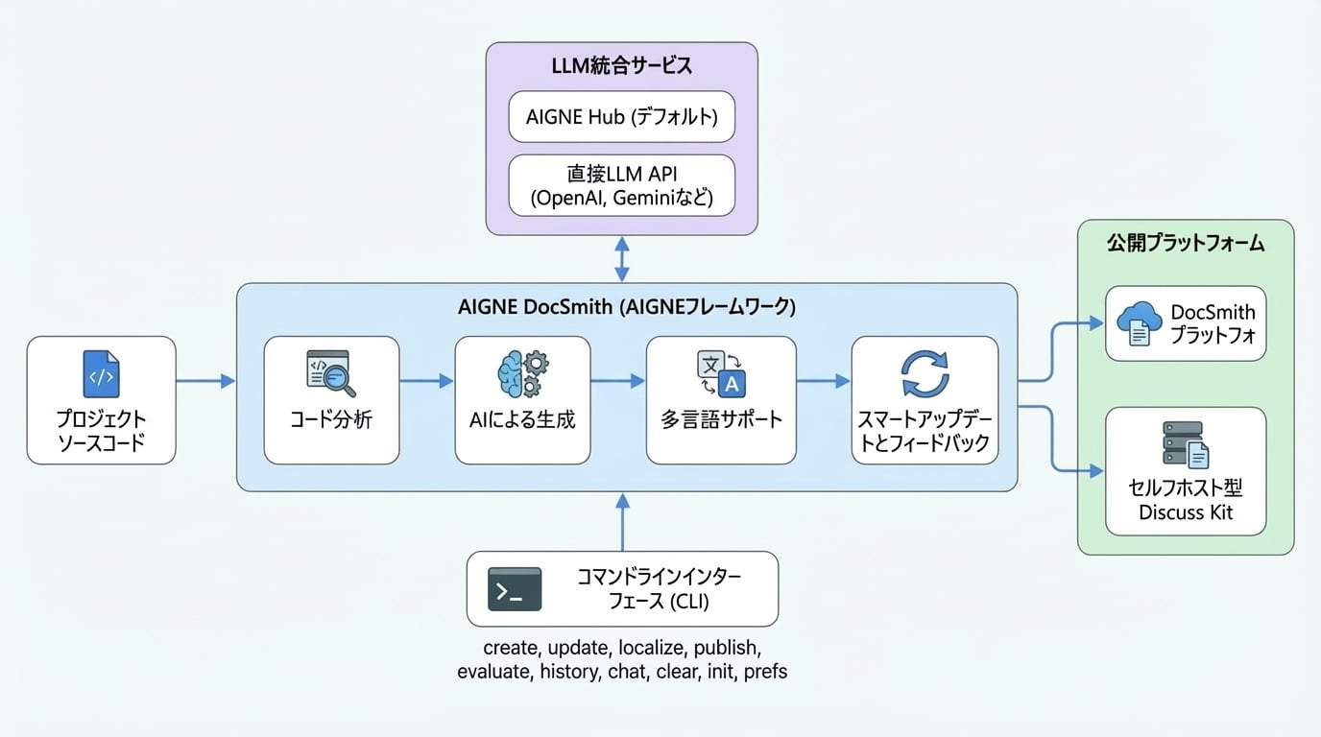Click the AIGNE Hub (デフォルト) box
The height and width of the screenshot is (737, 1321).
click(x=621, y=116)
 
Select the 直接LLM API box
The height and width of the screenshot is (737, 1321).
click(x=621, y=187)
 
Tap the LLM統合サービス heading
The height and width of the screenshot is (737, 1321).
click(x=621, y=66)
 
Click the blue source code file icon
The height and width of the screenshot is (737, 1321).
click(x=101, y=375)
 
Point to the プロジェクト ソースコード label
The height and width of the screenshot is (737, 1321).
click(x=101, y=432)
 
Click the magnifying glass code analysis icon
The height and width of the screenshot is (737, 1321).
click(x=330, y=374)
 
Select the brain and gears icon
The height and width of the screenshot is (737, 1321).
click(x=522, y=374)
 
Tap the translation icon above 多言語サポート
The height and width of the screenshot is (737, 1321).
click(x=720, y=374)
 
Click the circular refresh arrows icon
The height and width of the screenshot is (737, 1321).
click(x=925, y=374)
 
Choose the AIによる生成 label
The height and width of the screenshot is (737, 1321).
click(x=522, y=419)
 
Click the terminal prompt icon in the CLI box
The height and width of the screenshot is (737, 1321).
click(x=515, y=589)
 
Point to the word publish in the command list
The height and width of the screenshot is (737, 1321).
click(x=728, y=647)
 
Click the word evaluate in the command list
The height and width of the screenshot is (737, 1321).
click(x=493, y=672)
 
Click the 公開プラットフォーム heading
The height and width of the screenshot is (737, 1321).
click(x=1185, y=244)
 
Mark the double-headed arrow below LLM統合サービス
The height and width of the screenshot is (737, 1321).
click(x=622, y=259)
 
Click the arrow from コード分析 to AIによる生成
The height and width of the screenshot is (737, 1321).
click(x=426, y=382)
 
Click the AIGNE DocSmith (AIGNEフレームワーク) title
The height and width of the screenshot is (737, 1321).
click(x=626, y=308)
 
